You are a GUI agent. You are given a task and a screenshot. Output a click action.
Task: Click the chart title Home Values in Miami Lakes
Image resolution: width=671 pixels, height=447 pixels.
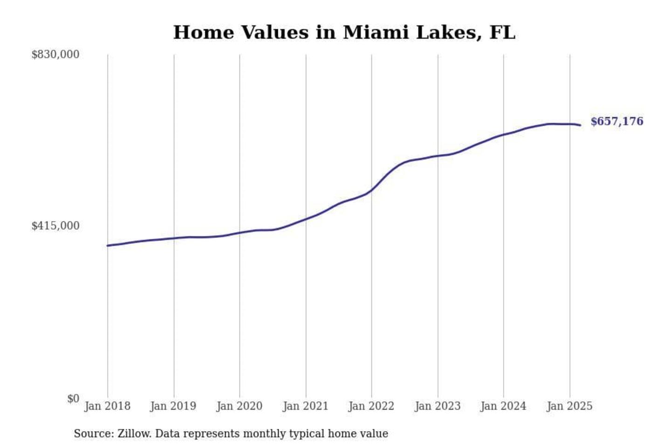coord(344,33)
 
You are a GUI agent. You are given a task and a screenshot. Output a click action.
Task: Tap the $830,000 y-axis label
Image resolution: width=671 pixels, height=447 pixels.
coord(55,54)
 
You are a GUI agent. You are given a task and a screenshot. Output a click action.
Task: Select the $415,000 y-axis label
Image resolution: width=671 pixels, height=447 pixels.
coord(55,226)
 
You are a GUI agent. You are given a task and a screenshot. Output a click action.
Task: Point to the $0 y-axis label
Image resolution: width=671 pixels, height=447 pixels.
coord(73,399)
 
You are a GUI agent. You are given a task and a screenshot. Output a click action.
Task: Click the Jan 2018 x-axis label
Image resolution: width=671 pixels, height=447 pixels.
coord(107,406)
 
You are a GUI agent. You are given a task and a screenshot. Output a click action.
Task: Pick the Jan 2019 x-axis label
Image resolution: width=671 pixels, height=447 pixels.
coord(173,406)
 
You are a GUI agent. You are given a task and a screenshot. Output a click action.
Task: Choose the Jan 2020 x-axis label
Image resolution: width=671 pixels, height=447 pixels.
coord(240,406)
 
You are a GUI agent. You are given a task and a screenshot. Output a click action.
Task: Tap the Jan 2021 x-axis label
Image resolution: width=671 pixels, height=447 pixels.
coord(306,406)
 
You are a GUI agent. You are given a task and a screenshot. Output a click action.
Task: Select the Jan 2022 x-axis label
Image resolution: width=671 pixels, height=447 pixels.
coord(371,406)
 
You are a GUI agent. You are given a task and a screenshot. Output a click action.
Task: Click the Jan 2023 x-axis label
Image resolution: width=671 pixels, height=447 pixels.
coord(438,406)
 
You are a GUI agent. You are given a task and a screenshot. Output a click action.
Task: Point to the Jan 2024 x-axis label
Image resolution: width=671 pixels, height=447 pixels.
coord(503,406)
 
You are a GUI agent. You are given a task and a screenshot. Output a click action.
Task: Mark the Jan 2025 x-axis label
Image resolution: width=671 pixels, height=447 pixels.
coord(569,406)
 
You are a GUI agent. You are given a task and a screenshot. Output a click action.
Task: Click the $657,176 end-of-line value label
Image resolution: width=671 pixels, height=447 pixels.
coord(616,122)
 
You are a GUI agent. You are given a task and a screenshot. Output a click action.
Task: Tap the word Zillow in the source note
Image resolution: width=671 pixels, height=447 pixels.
coord(134,433)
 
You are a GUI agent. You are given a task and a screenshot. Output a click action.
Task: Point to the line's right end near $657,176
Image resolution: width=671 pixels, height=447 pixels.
coord(580,125)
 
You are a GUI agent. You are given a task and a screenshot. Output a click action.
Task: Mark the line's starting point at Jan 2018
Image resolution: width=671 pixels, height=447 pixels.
coord(108,245)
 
